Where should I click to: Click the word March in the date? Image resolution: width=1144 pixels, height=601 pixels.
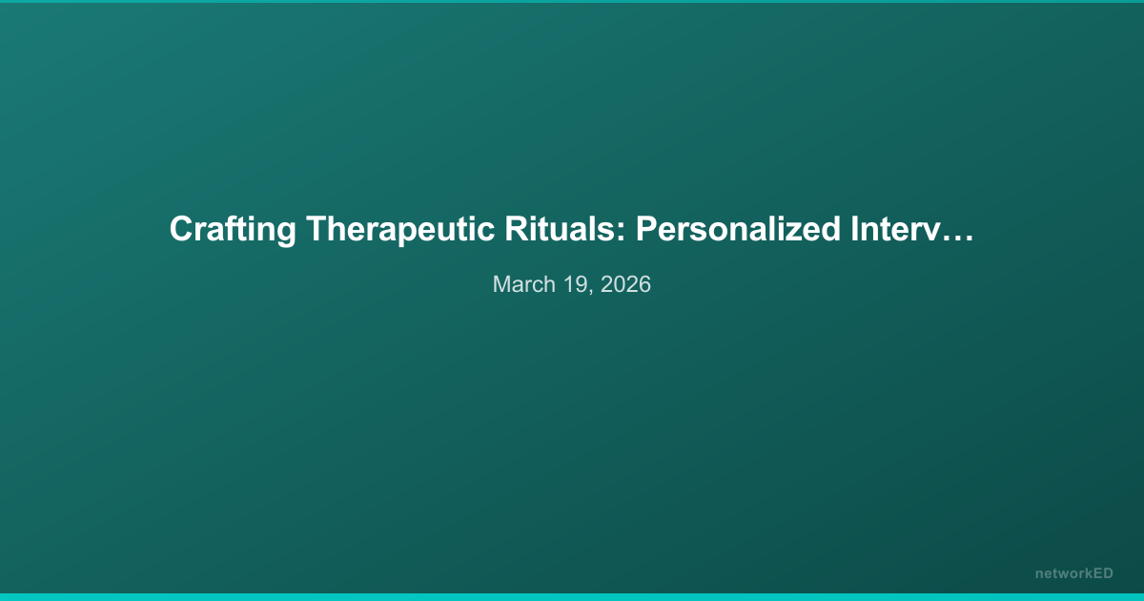(521, 284)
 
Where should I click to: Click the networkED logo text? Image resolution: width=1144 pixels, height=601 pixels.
(1073, 573)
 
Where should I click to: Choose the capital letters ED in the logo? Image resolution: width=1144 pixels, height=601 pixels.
(1103, 573)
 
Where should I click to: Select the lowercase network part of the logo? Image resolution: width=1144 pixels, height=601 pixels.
(1063, 573)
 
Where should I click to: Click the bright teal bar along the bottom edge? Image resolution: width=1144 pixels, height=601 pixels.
(572, 596)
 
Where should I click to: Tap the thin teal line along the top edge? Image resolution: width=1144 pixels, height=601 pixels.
(572, 1)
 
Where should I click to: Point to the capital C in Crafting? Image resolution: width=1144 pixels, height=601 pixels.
(180, 230)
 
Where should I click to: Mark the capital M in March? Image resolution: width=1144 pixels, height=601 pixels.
(501, 284)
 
